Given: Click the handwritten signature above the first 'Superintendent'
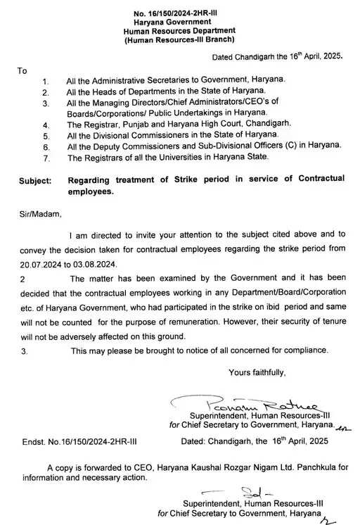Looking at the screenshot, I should point(214,406).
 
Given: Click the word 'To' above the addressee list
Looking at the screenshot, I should point(22,71).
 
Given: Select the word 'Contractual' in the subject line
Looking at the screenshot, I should point(316,179).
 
